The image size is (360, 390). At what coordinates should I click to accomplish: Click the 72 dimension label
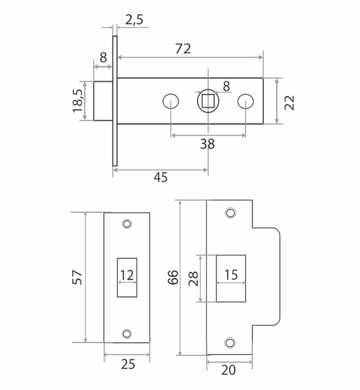tap(183, 49)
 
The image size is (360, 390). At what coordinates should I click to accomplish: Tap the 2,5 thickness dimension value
tap(134, 20)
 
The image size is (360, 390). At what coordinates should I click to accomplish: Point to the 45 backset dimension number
tap(160, 177)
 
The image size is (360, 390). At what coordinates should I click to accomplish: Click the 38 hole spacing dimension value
tap(208, 144)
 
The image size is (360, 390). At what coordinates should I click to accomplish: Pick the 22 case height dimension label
tap(290, 102)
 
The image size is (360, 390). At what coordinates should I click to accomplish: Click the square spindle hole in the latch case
tap(208, 101)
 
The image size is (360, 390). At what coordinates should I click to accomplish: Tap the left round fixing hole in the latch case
tap(170, 101)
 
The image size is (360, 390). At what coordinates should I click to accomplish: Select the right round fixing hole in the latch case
tap(245, 101)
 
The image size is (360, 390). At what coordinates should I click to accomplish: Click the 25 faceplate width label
tap(127, 364)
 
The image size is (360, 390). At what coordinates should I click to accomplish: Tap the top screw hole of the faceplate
tap(127, 224)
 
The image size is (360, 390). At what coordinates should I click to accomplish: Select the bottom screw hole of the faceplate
tap(127, 333)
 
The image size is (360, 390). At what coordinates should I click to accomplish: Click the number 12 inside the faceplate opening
tap(127, 275)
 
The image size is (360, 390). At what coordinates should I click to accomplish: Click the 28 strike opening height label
tap(193, 279)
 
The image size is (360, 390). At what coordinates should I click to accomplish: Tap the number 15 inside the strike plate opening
tap(231, 275)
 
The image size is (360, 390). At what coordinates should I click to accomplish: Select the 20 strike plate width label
tap(229, 370)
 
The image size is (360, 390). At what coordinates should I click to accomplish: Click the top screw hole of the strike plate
tap(230, 213)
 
